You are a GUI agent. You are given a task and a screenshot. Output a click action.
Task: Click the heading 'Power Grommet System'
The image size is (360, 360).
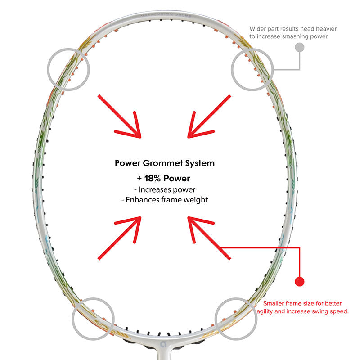[164, 163]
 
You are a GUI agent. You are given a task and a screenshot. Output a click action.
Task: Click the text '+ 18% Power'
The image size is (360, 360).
[164, 178]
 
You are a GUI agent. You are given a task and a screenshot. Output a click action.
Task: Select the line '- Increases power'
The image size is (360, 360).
[164, 189]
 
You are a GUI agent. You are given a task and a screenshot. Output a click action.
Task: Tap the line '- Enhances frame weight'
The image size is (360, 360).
[164, 200]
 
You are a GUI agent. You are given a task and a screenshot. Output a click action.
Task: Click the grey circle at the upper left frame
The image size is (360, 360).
[68, 68]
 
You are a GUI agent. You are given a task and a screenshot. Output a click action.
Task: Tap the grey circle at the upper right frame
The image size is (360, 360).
[252, 69]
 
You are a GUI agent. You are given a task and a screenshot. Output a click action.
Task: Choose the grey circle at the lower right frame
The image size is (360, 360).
[237, 318]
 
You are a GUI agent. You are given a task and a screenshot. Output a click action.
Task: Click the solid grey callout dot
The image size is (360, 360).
[299, 47]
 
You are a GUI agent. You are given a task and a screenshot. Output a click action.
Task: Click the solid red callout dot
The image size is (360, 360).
[299, 282]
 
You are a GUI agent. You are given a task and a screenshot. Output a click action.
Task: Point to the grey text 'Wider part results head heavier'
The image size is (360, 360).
[293, 29]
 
